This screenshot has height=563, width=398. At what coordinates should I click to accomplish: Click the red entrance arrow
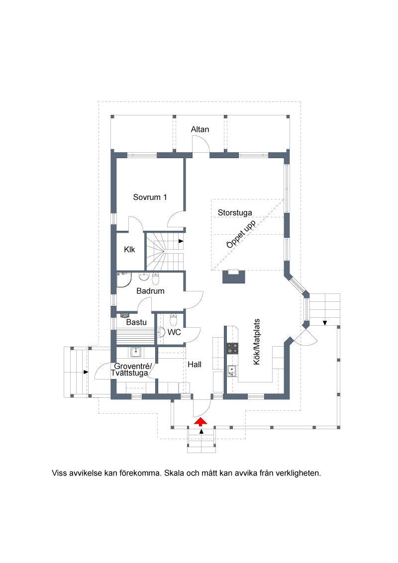click(201, 422)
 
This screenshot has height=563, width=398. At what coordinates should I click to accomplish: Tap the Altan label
click(199, 129)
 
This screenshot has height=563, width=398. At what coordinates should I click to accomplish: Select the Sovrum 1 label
click(150, 197)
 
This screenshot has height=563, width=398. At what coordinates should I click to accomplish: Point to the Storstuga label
click(234, 212)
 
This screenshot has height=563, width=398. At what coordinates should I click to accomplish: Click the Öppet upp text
click(241, 234)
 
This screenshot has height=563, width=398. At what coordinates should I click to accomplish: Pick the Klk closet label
click(129, 249)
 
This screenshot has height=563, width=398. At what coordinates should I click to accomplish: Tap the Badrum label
click(151, 291)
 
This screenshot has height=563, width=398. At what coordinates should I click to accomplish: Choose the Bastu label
click(136, 322)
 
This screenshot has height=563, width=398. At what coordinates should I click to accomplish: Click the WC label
click(174, 332)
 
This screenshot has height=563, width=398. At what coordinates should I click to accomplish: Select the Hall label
click(195, 364)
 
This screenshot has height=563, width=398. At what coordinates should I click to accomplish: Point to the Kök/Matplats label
click(257, 342)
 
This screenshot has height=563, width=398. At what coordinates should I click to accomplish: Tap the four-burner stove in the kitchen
click(232, 348)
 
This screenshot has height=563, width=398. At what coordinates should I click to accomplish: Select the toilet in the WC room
click(174, 319)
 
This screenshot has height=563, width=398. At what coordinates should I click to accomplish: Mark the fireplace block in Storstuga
click(234, 276)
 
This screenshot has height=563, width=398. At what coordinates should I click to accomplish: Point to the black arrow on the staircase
click(181, 241)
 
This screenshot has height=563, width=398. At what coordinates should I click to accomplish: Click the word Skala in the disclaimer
click(174, 473)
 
